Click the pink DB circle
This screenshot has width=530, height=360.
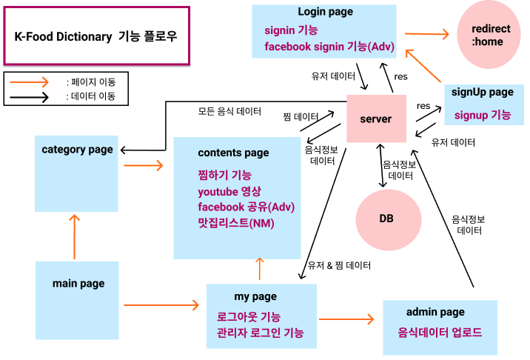point(386,219)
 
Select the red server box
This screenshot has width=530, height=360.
point(376,119)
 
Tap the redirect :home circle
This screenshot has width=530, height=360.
point(486,35)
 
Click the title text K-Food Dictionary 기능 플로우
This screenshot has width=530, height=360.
point(96,36)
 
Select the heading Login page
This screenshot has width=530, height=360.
point(325,12)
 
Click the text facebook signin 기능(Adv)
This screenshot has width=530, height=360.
point(329,47)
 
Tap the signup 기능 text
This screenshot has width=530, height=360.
point(482,115)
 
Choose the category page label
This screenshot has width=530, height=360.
point(77,149)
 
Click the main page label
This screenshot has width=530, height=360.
point(78,283)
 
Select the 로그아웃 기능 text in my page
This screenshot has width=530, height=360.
point(248,316)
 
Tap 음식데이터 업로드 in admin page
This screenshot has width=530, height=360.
point(440,332)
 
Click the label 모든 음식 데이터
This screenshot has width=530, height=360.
point(229,112)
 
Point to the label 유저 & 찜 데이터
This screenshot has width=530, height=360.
point(339,264)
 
